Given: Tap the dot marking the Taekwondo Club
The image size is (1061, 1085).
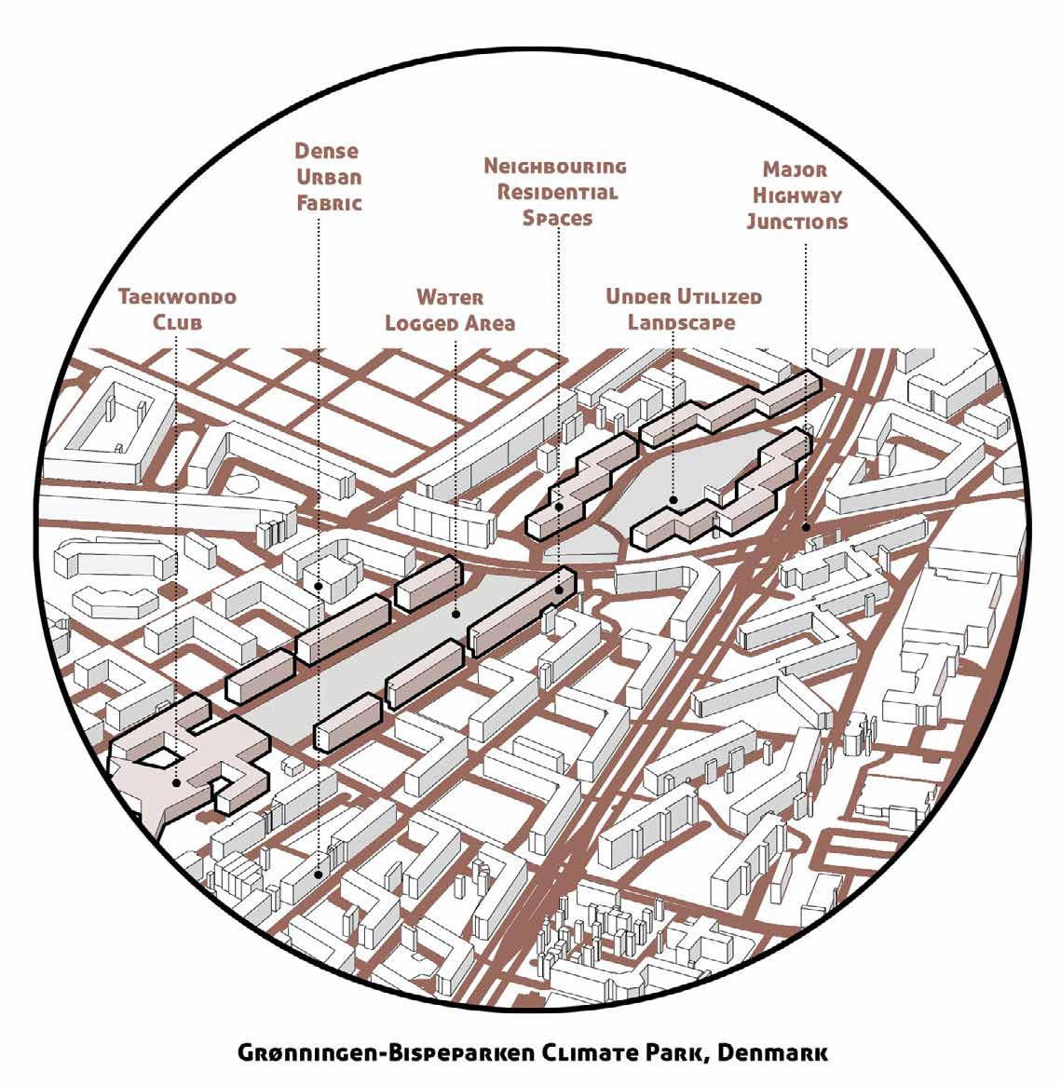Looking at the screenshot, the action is point(175,783).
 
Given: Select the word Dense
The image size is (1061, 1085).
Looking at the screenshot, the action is point(327,151).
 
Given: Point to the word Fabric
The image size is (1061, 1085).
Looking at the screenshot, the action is point(328,203).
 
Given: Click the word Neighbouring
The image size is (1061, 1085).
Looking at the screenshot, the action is point(555,168).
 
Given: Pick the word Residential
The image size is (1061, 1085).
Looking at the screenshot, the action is point(558,193).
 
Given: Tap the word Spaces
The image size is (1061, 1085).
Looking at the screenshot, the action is point(557,218).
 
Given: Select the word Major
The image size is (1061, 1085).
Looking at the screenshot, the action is point(795,170).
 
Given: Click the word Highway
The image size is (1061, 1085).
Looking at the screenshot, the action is point(797,196).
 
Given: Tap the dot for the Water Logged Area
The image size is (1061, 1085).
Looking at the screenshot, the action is point(455,614).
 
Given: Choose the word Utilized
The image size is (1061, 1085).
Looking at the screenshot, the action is point(718,298).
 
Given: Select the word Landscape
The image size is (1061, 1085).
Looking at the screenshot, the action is point(681,323).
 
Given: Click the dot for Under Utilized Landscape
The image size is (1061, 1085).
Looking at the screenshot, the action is point(673,500).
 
